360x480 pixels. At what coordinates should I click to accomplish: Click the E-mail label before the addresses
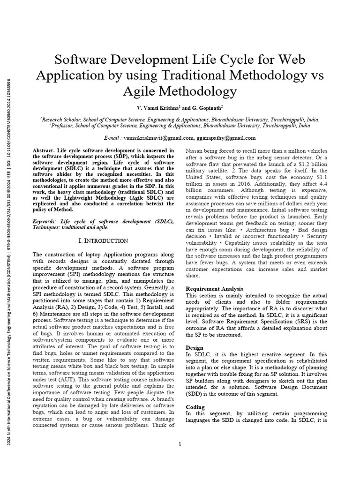pos(113,138)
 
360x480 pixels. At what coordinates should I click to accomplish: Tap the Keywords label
pos(45,221)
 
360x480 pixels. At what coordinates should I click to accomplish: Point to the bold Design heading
pos(195,348)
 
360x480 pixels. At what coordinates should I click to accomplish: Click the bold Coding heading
pos(195,407)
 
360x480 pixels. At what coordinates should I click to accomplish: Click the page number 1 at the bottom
pos(180,444)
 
